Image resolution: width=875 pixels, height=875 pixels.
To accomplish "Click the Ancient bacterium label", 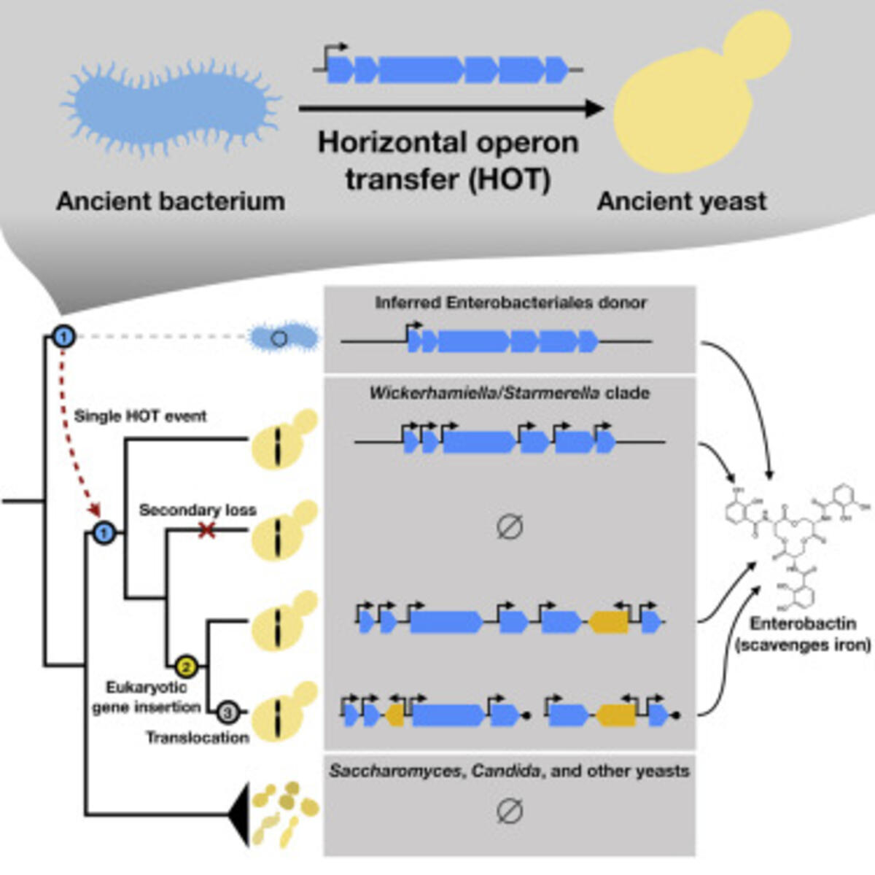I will [x=171, y=201].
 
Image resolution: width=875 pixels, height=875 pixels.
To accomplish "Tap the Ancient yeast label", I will [x=682, y=201].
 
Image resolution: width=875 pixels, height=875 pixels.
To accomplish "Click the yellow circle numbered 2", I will [x=186, y=665].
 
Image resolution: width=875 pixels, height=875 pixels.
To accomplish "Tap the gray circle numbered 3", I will [x=227, y=710].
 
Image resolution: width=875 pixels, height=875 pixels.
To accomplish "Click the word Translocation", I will [x=197, y=737].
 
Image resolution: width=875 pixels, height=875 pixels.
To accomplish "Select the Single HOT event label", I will [x=140, y=416].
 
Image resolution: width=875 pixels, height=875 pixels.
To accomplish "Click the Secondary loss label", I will [x=198, y=510].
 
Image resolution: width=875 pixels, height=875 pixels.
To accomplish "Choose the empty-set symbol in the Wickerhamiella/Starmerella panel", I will [x=509, y=526].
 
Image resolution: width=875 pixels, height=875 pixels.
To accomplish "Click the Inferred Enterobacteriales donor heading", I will [x=510, y=302].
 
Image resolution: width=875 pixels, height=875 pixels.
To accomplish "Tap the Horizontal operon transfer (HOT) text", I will [x=448, y=160].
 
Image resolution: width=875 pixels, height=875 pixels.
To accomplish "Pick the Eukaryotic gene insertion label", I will [x=146, y=697].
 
